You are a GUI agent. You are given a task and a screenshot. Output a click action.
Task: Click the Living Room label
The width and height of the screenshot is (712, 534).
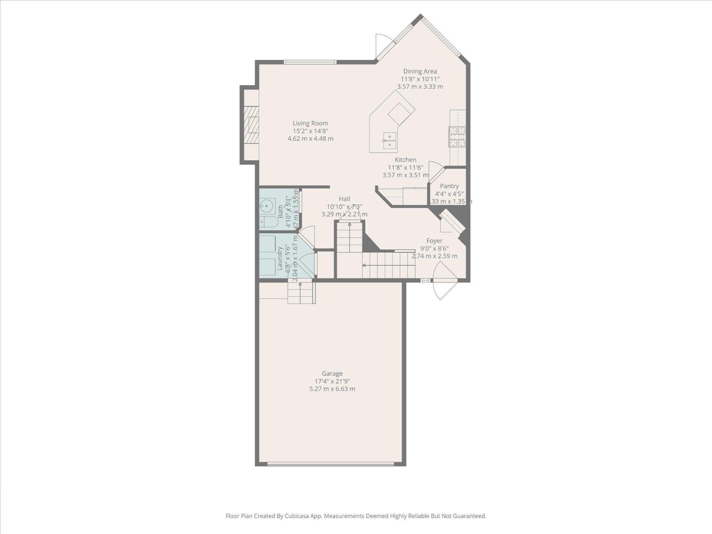[x=310, y=123]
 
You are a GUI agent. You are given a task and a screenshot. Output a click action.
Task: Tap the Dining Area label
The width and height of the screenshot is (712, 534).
[x=420, y=71]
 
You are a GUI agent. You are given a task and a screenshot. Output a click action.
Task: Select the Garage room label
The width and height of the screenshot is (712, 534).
[x=332, y=374]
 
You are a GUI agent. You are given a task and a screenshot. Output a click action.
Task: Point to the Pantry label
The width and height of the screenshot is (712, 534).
[x=449, y=186]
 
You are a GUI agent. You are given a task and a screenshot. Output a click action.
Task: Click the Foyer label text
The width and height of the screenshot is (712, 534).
[x=434, y=241]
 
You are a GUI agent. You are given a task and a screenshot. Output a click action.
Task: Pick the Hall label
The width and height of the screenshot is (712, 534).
[x=344, y=199]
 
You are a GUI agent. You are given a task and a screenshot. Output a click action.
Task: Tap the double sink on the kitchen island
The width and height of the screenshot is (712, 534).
[x=389, y=140]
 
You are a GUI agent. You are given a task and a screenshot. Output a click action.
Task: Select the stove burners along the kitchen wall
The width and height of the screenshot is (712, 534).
[x=457, y=137]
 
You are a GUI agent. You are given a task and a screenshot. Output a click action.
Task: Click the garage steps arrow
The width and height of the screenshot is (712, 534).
[x=300, y=291]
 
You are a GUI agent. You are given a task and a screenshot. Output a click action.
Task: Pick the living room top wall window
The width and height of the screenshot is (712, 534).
[x=310, y=62]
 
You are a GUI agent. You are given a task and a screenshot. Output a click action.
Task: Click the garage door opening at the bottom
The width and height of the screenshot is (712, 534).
[x=330, y=464]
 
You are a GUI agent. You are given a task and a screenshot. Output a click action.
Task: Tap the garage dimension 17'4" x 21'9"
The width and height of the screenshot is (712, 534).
[x=332, y=381]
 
